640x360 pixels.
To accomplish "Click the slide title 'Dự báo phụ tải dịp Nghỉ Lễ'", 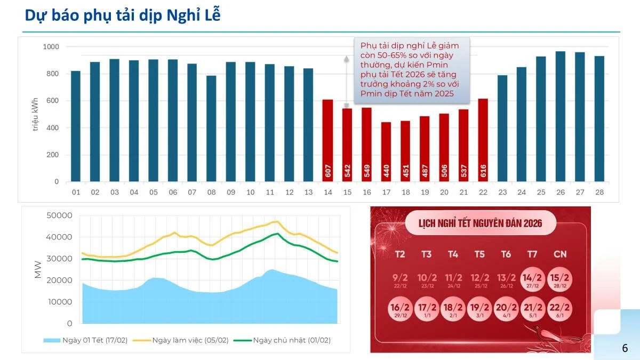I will point(123,15).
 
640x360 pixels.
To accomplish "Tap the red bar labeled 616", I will point(483,140).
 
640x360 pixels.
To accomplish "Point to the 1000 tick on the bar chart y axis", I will point(51,47).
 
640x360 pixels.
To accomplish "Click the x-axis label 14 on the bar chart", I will point(327,192).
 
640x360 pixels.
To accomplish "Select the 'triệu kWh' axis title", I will point(36,115).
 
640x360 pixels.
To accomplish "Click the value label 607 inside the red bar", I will point(327,171).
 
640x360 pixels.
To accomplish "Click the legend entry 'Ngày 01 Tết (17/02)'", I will point(87,340).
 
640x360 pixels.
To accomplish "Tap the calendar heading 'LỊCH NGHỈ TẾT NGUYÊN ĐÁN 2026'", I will point(480,223).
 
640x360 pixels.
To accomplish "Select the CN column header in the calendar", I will point(559,254).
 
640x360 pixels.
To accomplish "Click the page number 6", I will point(625,348).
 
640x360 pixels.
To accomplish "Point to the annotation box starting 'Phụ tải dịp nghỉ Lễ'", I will point(410,70).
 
